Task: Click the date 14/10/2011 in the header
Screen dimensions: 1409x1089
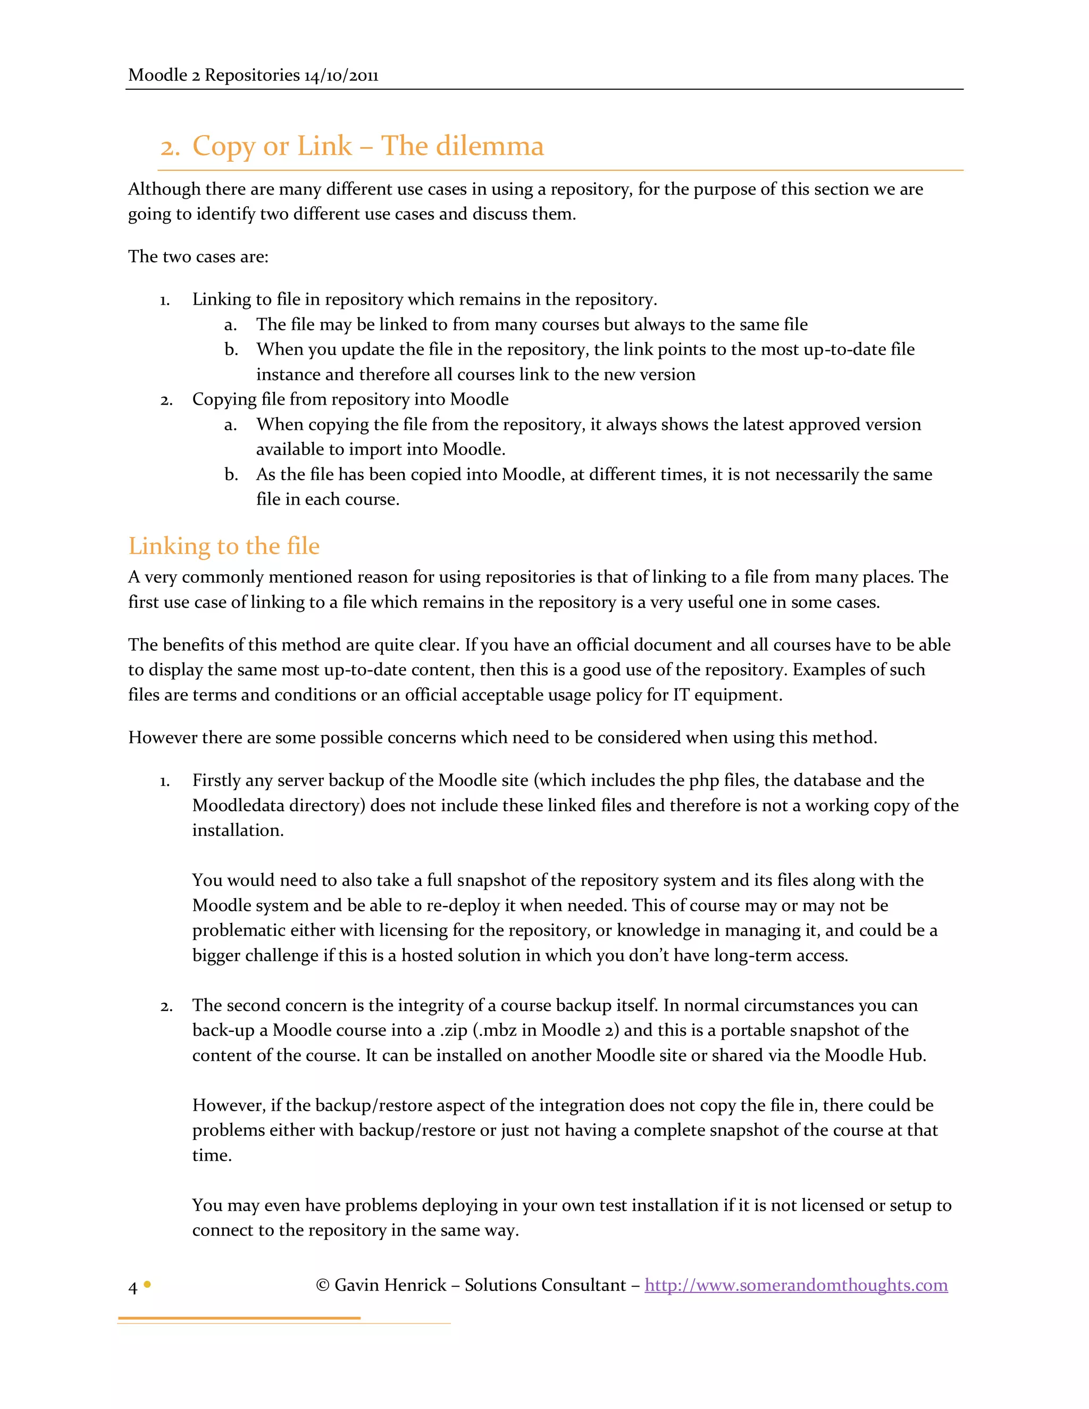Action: [x=341, y=76]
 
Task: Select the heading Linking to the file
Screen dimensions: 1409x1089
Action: [x=223, y=547]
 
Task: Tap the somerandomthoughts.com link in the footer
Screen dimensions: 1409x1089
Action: [x=795, y=1285]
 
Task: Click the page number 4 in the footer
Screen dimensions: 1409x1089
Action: [x=133, y=1288]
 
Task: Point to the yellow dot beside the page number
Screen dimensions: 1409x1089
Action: [x=147, y=1285]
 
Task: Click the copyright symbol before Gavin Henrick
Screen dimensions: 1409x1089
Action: [x=323, y=1285]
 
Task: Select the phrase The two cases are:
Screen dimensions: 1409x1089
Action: [x=198, y=257]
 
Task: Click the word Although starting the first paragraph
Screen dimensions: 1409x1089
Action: [x=164, y=190]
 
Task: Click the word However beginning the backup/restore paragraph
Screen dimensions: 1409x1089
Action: [x=228, y=1106]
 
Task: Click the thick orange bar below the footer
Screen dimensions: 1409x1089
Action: [x=239, y=1318]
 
